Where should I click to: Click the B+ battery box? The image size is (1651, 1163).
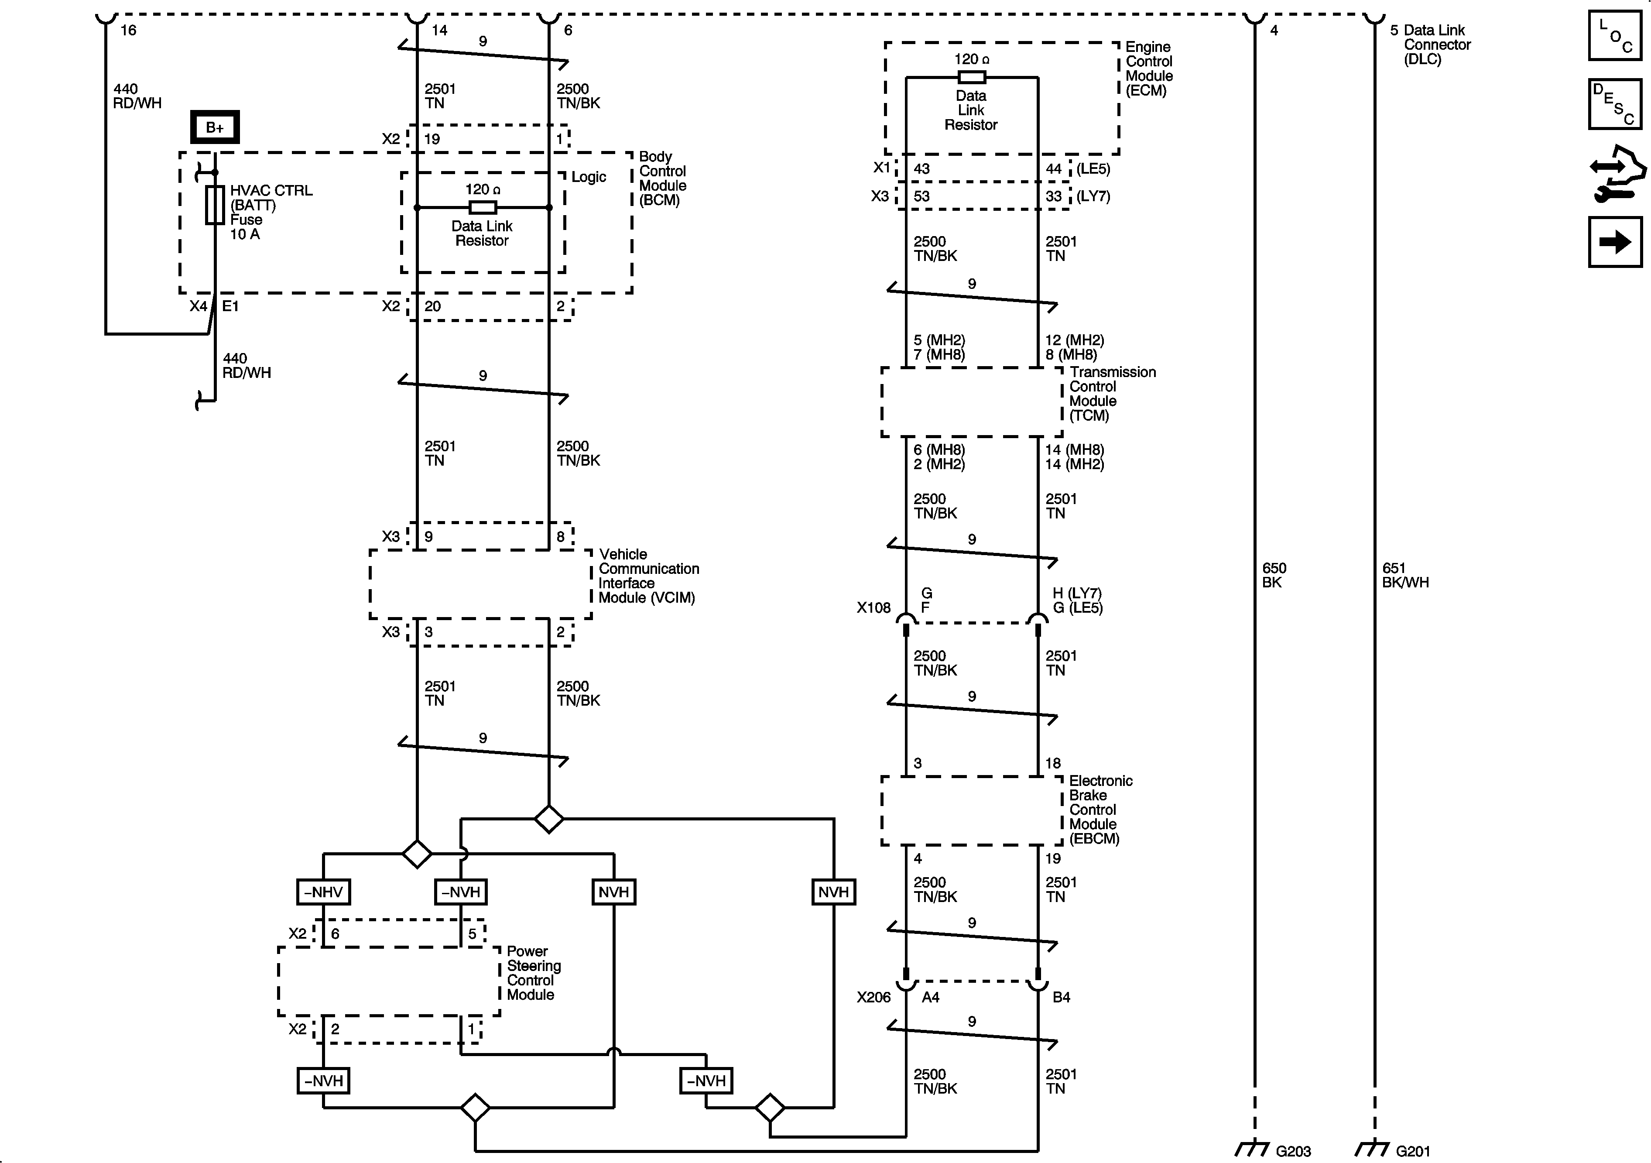214,127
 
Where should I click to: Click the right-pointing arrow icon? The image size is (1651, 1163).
1614,242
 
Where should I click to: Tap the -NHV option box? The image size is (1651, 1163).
323,892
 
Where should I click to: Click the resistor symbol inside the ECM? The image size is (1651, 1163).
972,77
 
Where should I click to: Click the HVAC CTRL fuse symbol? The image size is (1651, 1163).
214,205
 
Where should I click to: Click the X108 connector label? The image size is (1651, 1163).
873,608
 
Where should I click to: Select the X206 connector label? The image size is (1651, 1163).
873,997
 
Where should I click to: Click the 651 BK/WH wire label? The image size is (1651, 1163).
1404,575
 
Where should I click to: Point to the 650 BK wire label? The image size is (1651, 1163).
1274,575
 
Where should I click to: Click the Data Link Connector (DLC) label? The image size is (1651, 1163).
1436,45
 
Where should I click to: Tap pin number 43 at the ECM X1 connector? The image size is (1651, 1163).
921,169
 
